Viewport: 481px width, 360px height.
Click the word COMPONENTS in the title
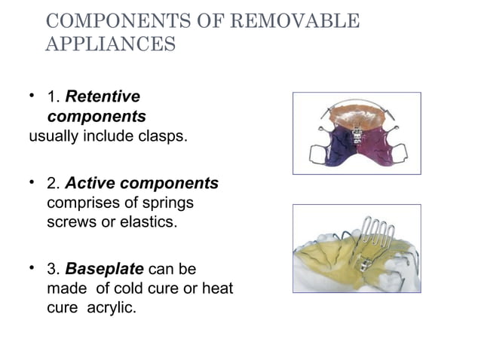(105, 21)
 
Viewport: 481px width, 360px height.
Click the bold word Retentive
(103, 97)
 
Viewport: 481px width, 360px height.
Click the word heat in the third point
(217, 288)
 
